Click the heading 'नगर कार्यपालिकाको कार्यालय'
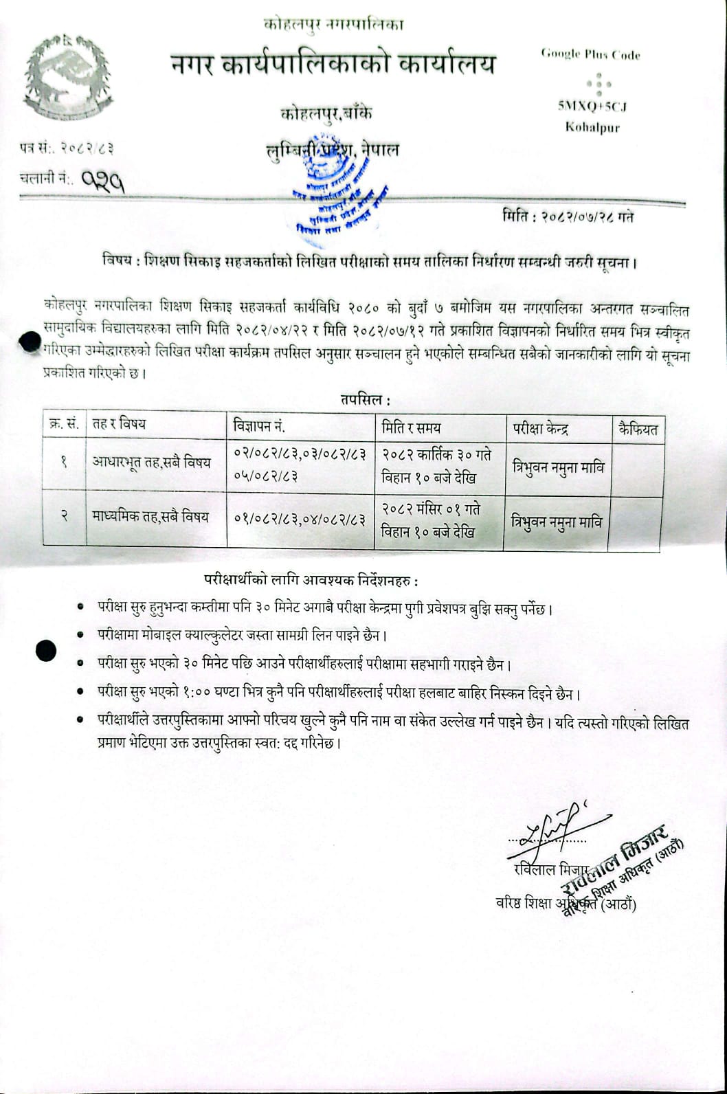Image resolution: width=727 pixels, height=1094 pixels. click(x=333, y=65)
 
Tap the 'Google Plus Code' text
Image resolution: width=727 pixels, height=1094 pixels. click(x=590, y=54)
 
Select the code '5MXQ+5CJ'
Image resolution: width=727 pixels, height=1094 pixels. click(x=592, y=107)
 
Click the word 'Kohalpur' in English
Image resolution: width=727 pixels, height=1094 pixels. click(x=592, y=126)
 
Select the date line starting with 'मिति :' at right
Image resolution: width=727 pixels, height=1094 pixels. click(x=568, y=216)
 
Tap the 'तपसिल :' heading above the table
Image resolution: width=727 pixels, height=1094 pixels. click(x=365, y=399)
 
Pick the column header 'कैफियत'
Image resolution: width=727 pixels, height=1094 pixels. click(x=638, y=429)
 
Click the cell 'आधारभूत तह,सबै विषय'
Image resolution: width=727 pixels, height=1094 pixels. click(x=152, y=462)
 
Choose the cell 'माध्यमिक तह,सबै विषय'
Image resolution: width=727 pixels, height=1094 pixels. click(x=150, y=517)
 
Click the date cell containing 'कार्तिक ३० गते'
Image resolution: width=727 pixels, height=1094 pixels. click(x=438, y=466)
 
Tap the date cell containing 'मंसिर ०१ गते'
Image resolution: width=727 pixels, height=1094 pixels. click(x=432, y=520)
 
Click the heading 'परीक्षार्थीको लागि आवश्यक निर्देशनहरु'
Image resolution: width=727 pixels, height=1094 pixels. click(x=311, y=581)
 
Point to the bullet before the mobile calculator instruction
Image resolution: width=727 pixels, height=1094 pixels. click(x=81, y=635)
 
